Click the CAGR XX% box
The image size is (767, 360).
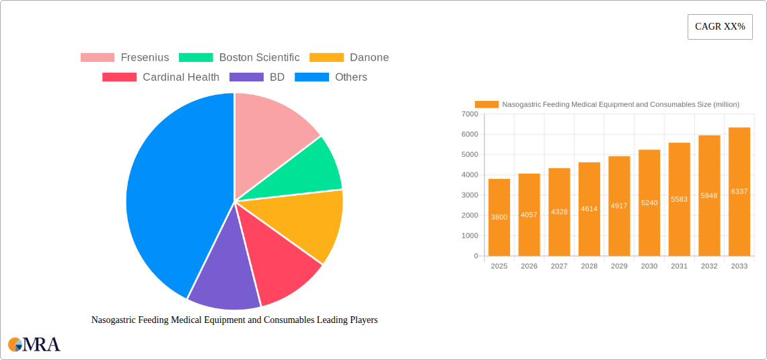[x=720, y=27]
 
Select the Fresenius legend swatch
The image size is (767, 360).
[x=98, y=58]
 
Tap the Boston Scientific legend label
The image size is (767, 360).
[x=259, y=58]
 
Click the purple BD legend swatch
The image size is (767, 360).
[x=246, y=77]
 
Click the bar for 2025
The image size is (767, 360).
[x=499, y=217]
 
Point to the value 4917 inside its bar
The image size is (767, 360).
[x=619, y=206]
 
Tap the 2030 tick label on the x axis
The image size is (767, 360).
[x=649, y=266]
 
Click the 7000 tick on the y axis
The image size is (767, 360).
[x=469, y=114]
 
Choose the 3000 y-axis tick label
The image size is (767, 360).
[x=469, y=195]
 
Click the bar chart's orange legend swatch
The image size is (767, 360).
[x=486, y=104]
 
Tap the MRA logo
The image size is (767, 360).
[x=34, y=345]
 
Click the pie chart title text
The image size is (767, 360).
[x=234, y=320]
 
